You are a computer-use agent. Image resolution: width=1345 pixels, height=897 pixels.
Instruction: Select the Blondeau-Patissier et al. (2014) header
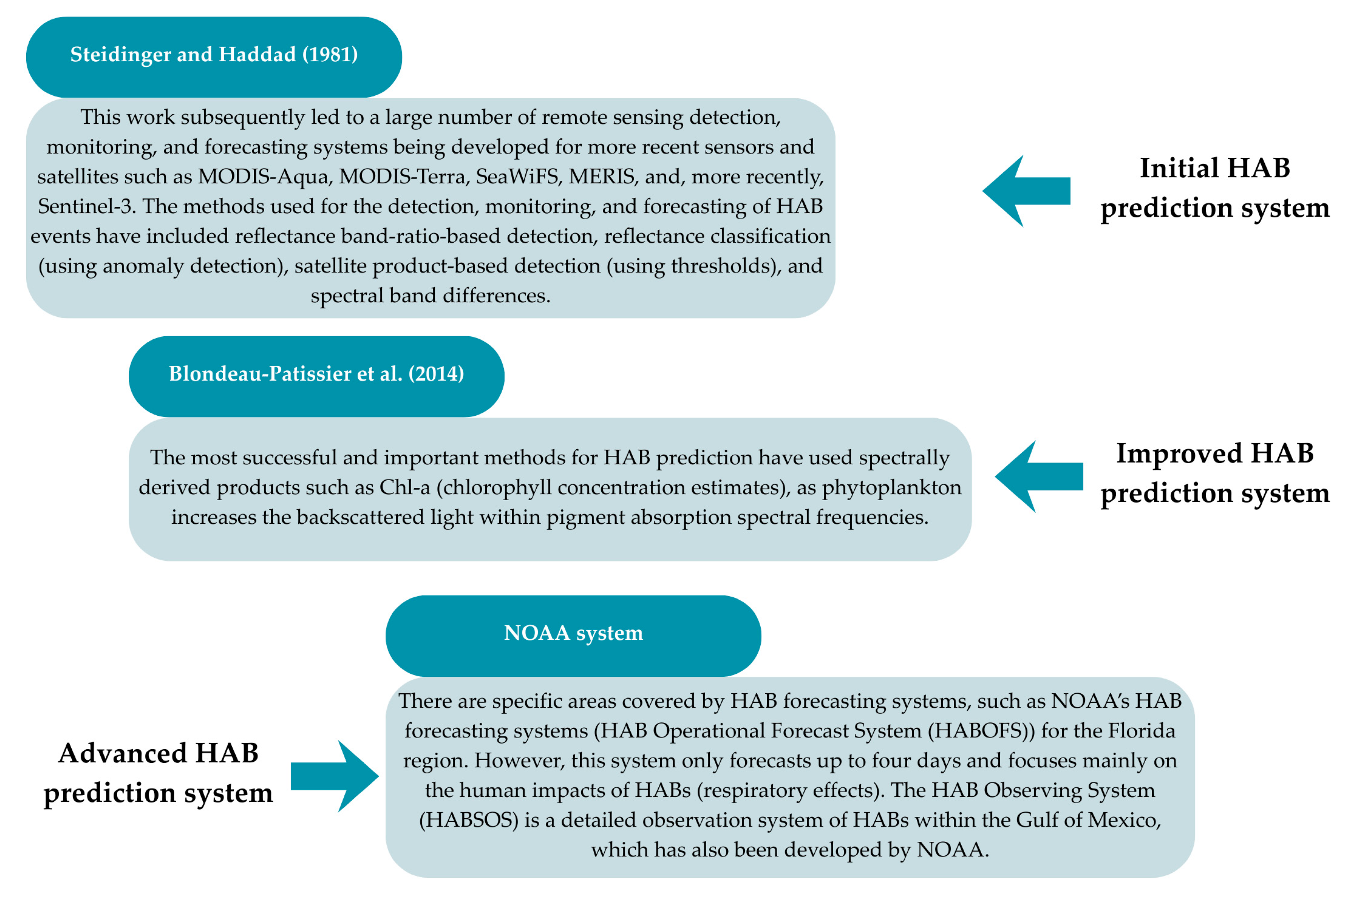coord(316,375)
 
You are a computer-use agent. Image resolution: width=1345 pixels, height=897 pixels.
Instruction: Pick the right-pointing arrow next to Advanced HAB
coord(335,776)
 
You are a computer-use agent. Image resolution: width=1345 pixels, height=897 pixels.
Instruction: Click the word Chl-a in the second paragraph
coord(405,487)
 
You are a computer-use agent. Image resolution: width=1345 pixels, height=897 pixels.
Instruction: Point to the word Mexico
coord(1124,820)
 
